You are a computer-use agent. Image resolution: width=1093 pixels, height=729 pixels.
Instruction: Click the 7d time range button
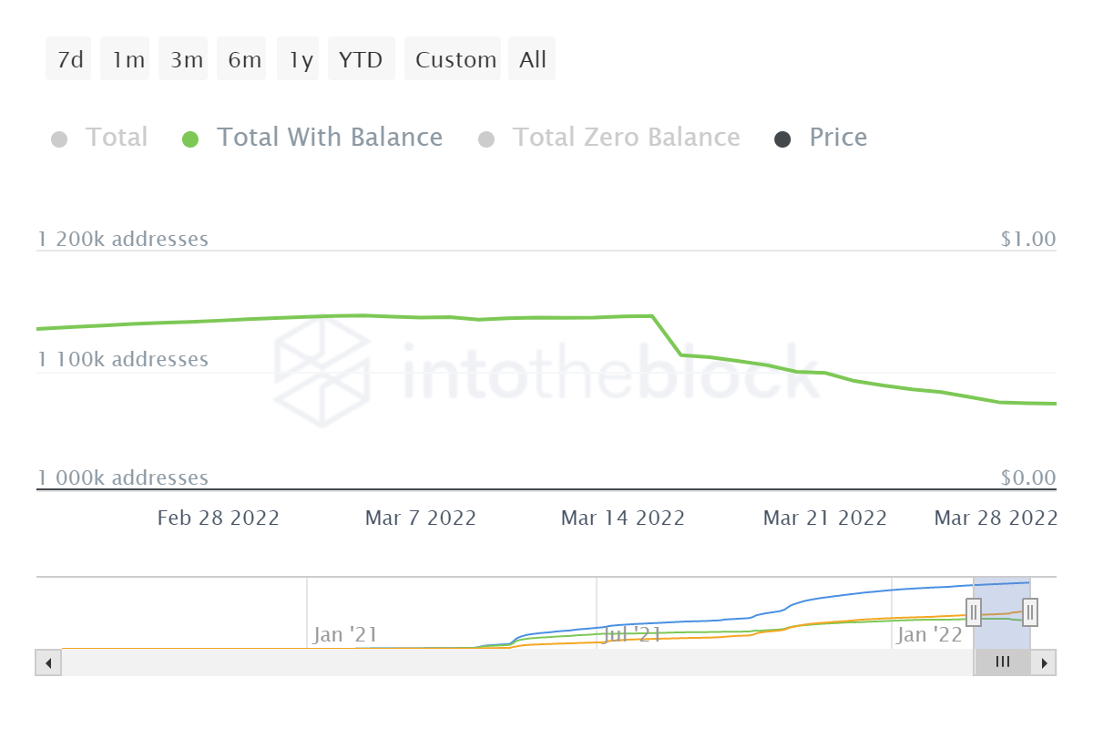pos(69,59)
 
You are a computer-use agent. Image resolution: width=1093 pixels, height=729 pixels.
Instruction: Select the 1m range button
pos(128,59)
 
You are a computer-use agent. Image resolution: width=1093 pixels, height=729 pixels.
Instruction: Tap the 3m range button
pos(186,59)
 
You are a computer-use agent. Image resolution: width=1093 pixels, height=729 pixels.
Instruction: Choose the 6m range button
pos(244,59)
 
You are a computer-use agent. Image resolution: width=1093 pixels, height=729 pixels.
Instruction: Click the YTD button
pos(361,59)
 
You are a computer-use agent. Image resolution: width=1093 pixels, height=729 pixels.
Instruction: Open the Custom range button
pos(455,59)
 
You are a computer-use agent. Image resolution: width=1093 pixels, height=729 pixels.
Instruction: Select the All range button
pos(532,59)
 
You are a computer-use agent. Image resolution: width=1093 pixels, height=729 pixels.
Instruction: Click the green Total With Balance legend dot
pos(189,139)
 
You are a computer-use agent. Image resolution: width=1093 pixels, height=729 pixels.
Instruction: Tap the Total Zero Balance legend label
pos(626,138)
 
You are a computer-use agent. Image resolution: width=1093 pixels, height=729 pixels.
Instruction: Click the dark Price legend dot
pos(781,139)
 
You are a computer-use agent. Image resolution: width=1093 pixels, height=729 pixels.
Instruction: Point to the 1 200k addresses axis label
pos(123,239)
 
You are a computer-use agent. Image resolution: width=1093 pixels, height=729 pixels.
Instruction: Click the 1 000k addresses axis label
pos(123,477)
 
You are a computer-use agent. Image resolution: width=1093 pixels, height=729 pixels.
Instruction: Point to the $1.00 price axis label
pos(1027,239)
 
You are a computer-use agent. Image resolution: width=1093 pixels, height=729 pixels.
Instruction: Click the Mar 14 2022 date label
pos(622,518)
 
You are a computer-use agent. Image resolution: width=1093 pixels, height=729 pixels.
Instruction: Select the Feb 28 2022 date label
pos(218,518)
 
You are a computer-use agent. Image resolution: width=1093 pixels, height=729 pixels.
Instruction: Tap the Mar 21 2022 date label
pos(824,518)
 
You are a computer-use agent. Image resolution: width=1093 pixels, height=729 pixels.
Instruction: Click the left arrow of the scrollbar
pos(48,662)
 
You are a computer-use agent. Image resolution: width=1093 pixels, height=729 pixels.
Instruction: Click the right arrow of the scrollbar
pos(1045,662)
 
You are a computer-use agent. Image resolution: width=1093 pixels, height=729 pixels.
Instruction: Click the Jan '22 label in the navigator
pos(929,634)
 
